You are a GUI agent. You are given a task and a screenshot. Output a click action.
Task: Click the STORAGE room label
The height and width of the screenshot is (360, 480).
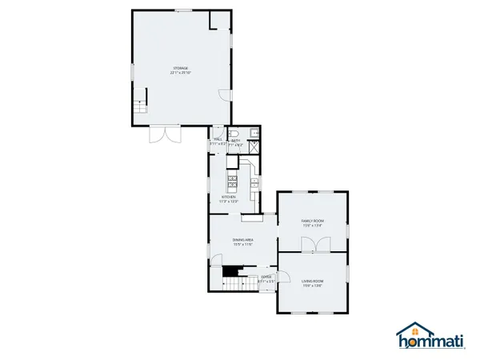181,67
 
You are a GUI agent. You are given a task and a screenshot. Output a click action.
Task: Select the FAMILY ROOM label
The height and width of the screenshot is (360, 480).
312,220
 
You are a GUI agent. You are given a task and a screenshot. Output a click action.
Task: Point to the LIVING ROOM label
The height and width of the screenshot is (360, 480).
312,281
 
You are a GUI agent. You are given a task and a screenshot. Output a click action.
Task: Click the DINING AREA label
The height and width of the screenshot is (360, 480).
243,240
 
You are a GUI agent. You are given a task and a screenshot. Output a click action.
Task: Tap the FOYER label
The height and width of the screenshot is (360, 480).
266,277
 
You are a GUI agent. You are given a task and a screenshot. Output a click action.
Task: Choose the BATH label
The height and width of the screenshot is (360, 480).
236,140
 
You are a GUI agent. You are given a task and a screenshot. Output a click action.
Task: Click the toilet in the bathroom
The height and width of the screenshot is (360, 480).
234,133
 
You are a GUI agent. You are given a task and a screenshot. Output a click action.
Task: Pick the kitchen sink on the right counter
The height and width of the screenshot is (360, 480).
254,182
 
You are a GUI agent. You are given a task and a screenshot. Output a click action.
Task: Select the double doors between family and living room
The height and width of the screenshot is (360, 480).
313,247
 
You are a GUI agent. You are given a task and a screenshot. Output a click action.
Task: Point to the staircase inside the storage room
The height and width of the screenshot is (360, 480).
139,103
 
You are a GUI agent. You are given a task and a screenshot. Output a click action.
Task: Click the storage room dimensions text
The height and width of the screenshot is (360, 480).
181,73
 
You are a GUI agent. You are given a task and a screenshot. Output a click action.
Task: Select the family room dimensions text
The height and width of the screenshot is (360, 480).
312,226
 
